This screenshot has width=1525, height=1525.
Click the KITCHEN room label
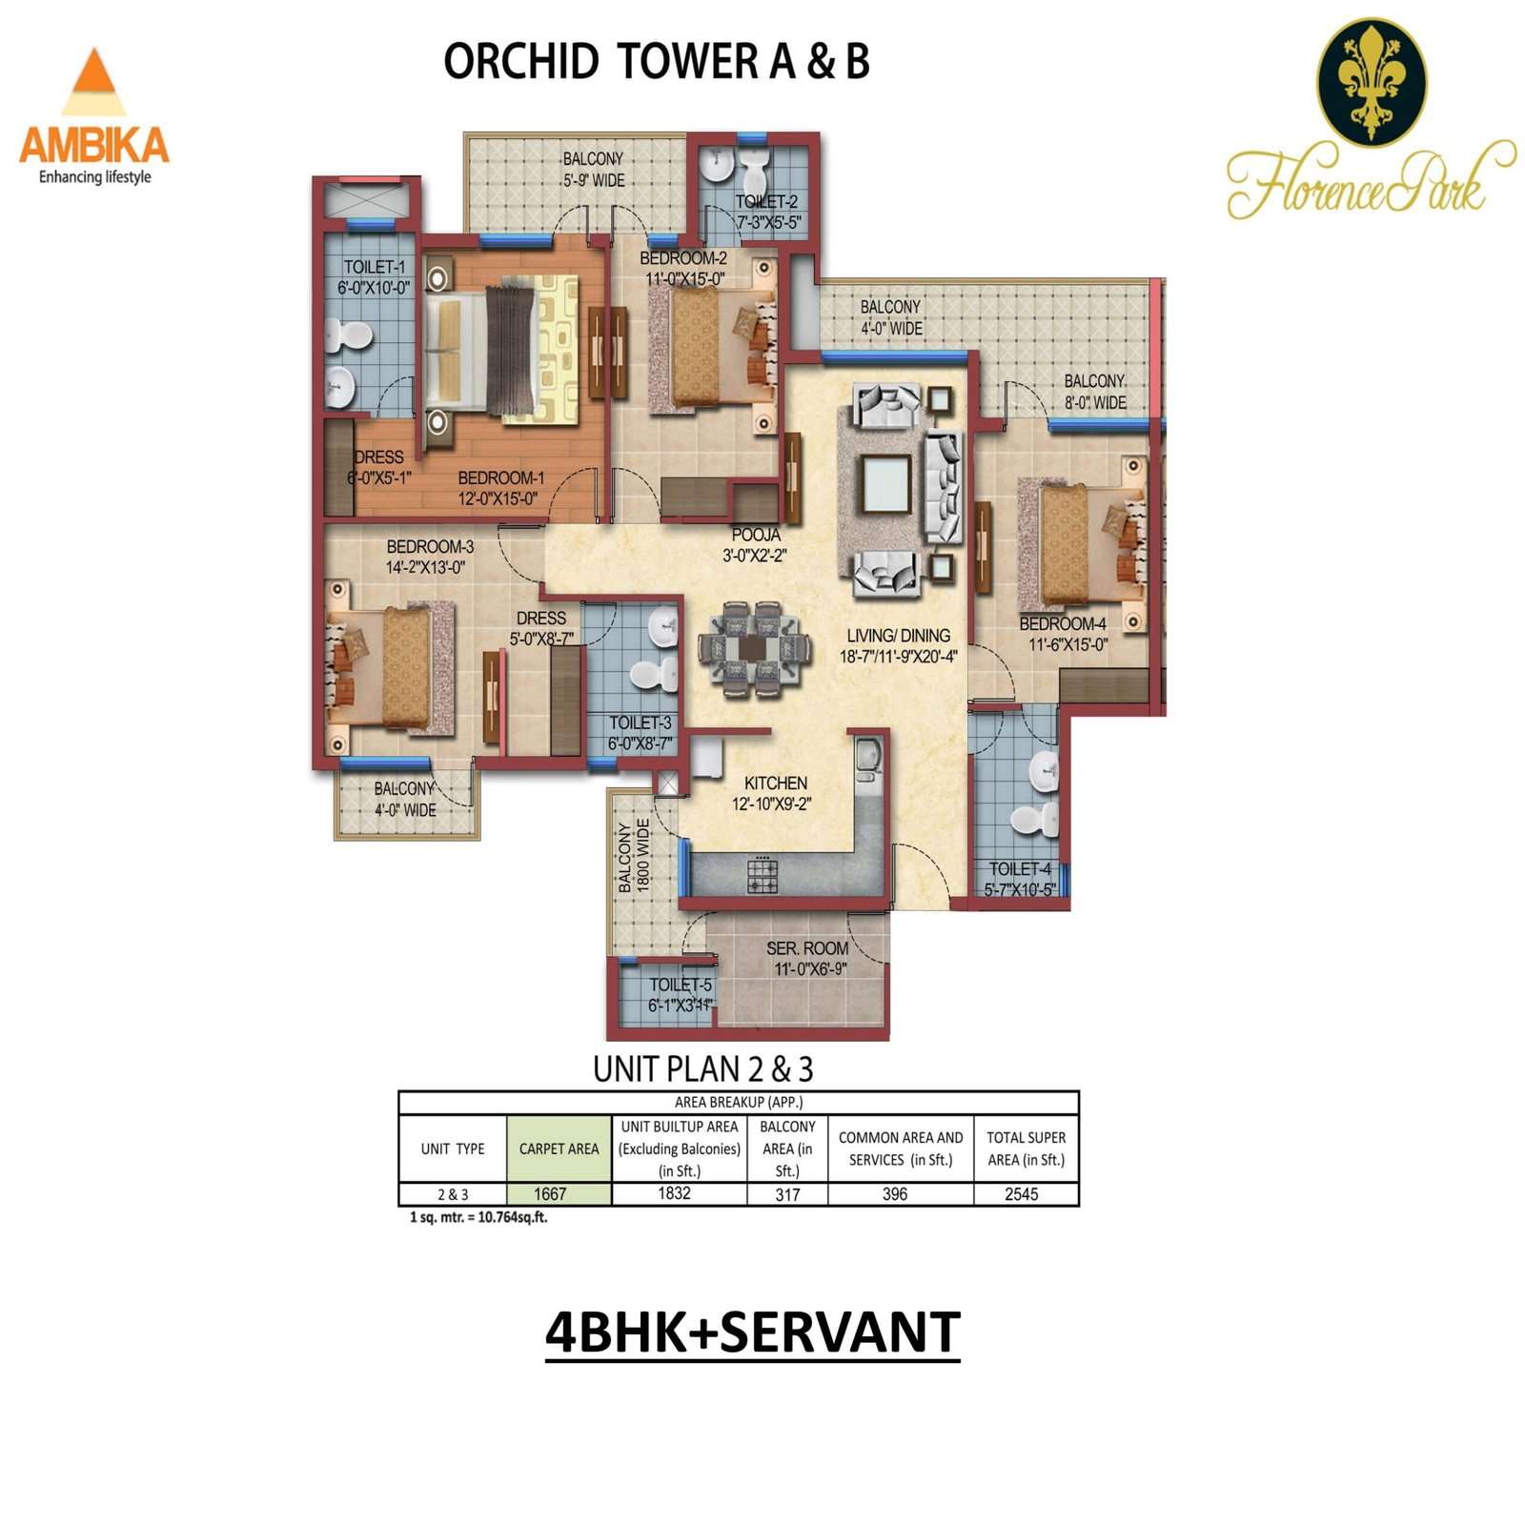(x=776, y=783)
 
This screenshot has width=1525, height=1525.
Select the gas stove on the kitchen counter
(x=762, y=874)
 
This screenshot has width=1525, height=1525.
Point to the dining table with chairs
(x=754, y=648)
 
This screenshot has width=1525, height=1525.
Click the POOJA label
(x=757, y=535)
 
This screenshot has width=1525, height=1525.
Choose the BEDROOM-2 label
(x=683, y=258)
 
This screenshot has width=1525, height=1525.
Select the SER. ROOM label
(x=807, y=948)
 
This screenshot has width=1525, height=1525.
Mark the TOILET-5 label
(x=681, y=985)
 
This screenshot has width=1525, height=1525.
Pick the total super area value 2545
(x=1022, y=1194)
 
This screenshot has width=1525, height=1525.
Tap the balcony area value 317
(x=787, y=1194)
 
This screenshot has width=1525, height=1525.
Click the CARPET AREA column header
(x=559, y=1149)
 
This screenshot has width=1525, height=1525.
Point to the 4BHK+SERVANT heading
(x=752, y=1332)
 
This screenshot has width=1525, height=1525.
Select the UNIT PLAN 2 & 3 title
(x=703, y=1069)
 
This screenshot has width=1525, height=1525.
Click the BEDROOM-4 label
(x=1063, y=624)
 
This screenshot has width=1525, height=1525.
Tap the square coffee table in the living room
(x=885, y=483)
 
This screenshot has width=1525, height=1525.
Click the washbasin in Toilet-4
(x=1046, y=771)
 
